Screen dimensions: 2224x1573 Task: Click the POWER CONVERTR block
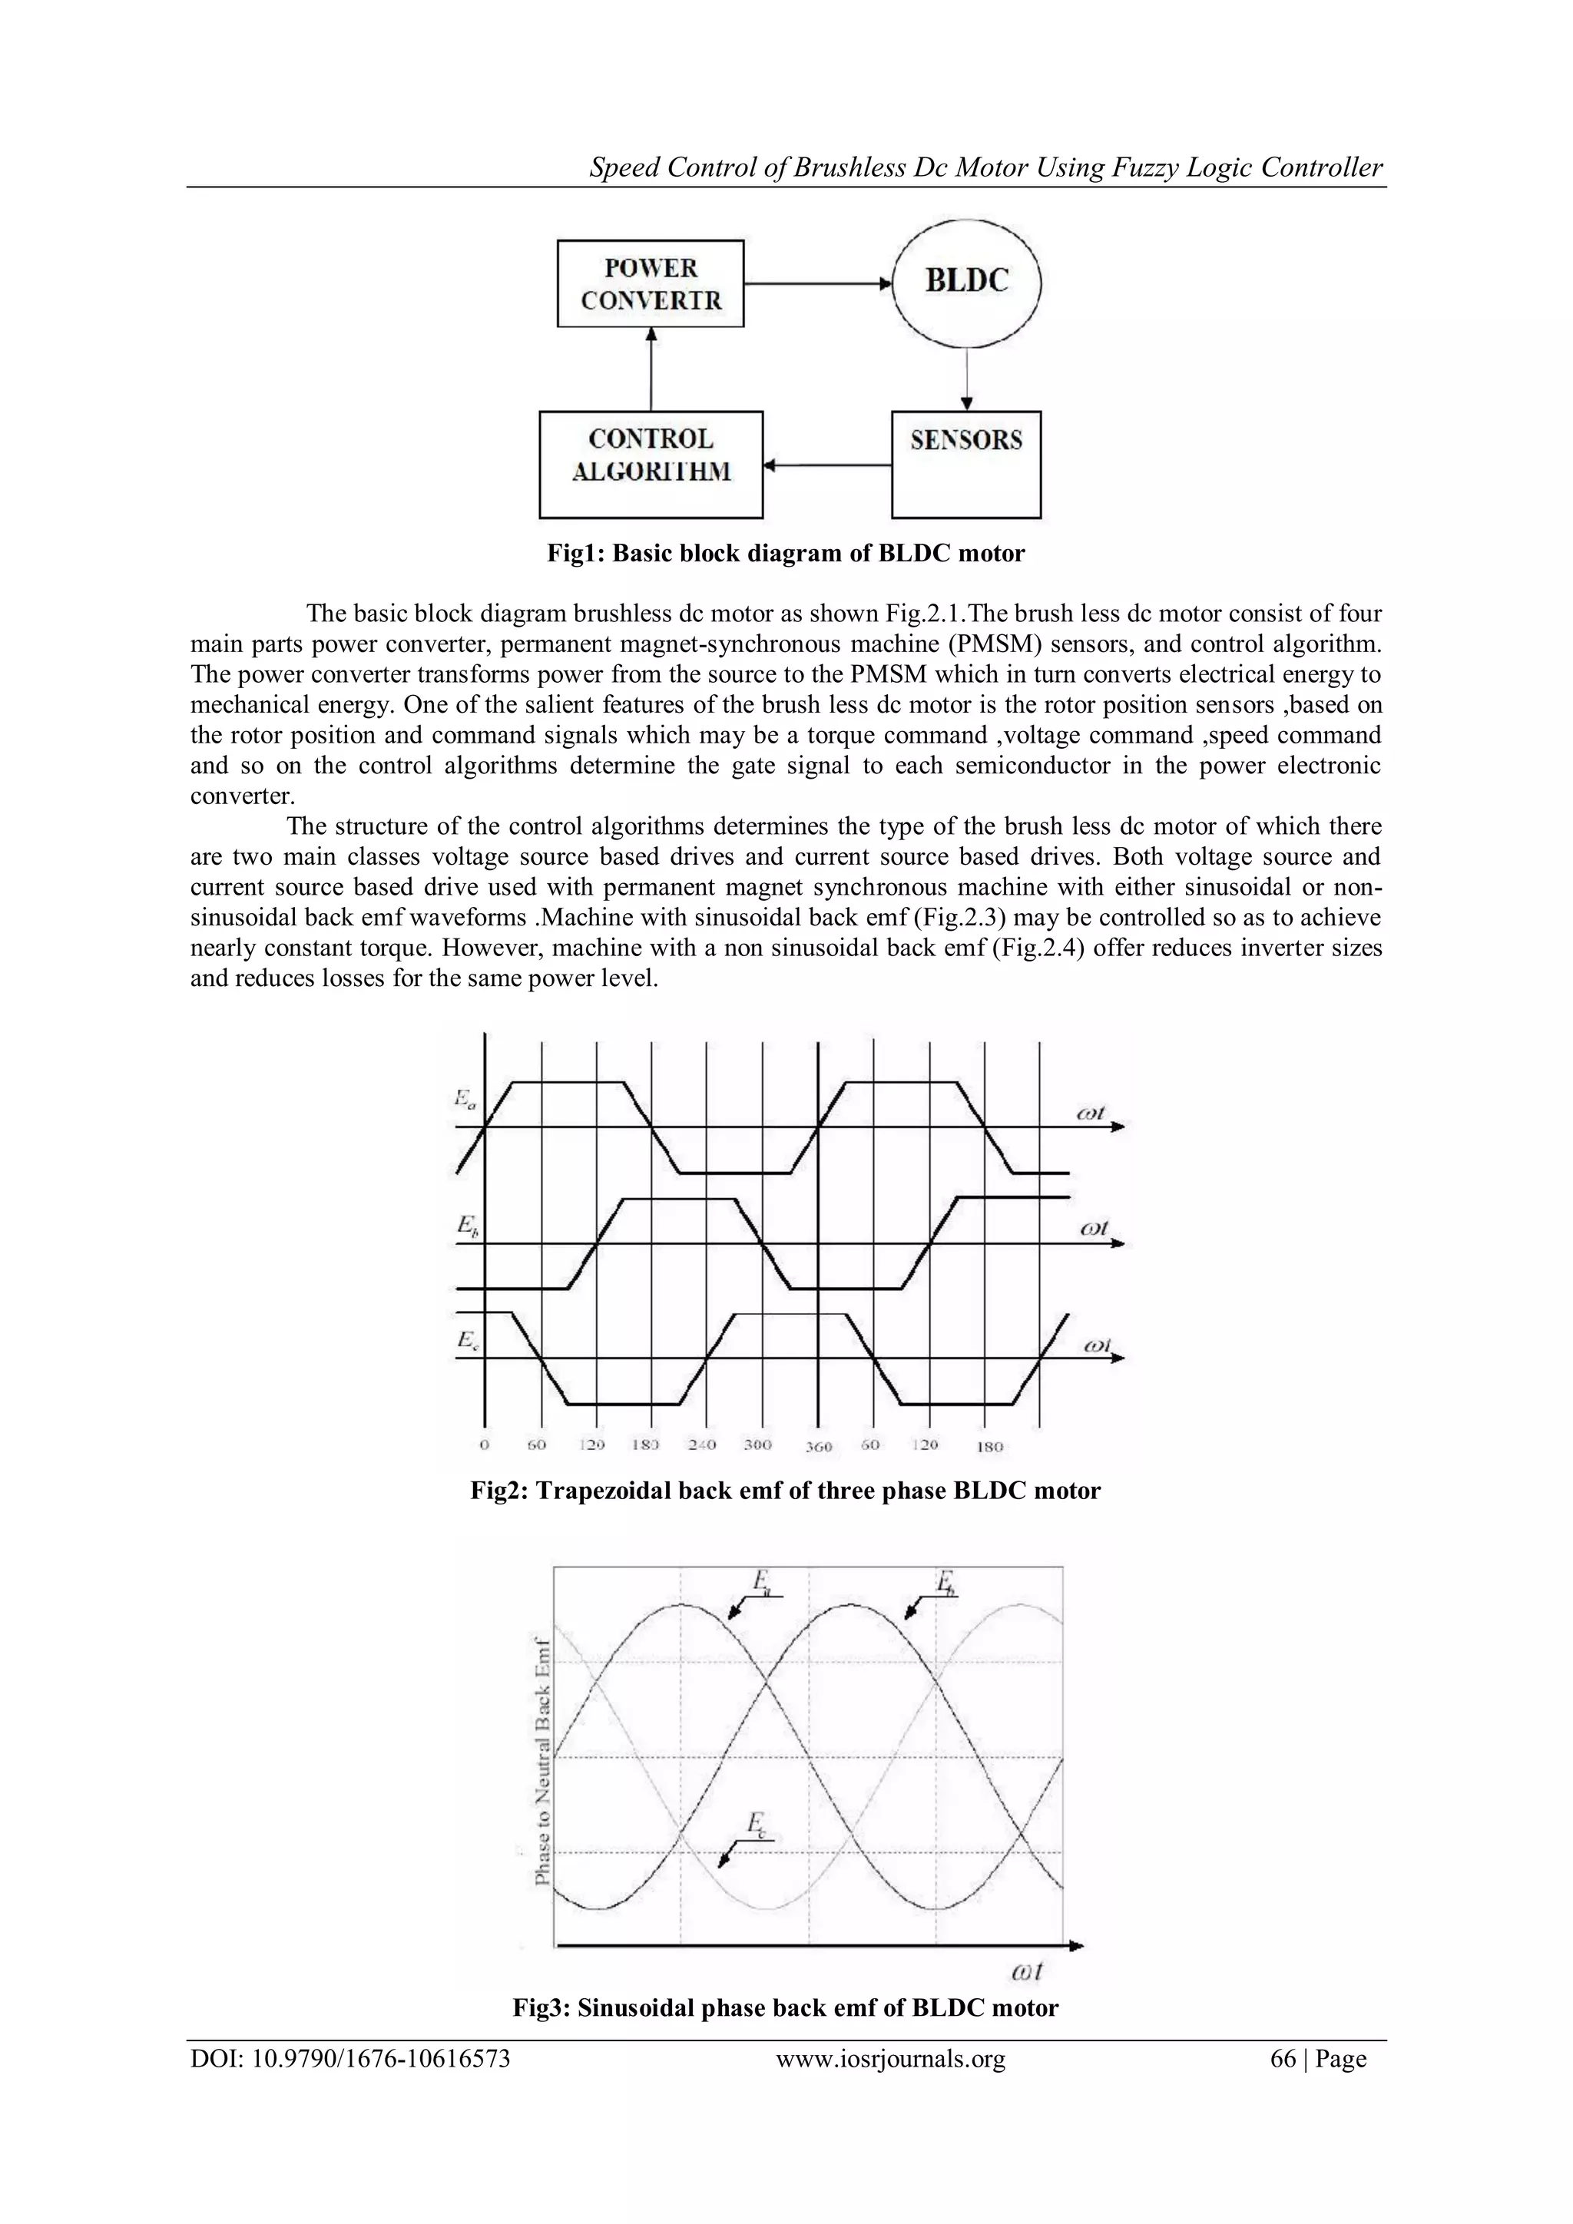(651, 284)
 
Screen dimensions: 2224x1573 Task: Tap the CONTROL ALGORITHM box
(651, 464)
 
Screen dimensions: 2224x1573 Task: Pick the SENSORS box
(965, 464)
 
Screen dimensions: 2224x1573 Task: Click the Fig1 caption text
(786, 554)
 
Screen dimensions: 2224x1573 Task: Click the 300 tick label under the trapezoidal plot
(757, 1445)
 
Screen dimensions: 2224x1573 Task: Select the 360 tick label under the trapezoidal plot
(820, 1446)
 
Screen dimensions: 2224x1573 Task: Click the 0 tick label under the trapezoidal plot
(485, 1445)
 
